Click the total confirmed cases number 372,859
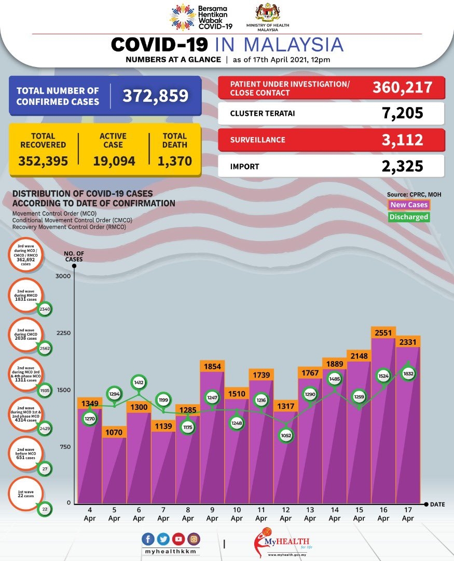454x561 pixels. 155,96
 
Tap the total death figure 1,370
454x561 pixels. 174,161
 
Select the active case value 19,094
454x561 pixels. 114,161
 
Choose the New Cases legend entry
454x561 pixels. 409,205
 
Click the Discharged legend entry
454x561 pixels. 409,217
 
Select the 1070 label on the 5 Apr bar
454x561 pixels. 114,431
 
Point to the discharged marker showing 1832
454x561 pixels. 408,373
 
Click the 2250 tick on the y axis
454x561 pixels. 63,333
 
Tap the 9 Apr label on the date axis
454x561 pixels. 212,514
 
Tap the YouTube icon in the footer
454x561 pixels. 179,540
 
